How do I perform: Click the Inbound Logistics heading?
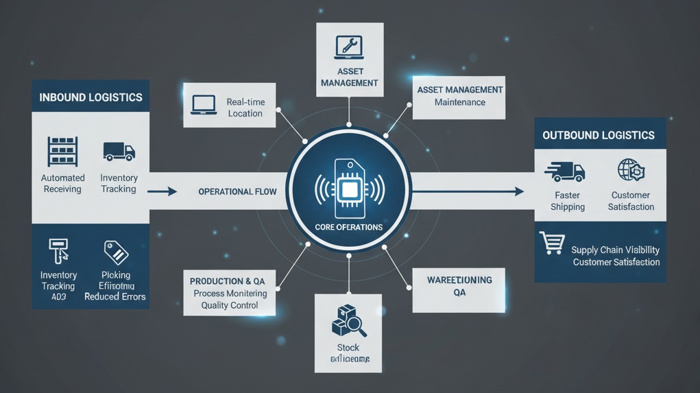tap(90, 97)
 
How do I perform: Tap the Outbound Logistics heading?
tap(599, 135)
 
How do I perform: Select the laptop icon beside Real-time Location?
tap(204, 105)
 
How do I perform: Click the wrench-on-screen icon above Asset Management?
tap(349, 47)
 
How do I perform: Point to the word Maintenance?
tap(460, 102)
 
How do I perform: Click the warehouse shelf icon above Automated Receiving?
tap(62, 151)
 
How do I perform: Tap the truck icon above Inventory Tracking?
tap(119, 151)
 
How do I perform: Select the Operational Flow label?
tap(237, 191)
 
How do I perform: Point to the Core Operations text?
tap(349, 227)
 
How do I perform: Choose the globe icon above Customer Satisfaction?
tap(631, 169)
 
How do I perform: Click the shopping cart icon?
tap(552, 243)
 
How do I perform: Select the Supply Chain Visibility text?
tap(616, 250)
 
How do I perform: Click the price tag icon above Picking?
tap(115, 252)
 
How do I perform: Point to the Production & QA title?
tap(232, 281)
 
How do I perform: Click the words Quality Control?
tap(230, 305)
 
